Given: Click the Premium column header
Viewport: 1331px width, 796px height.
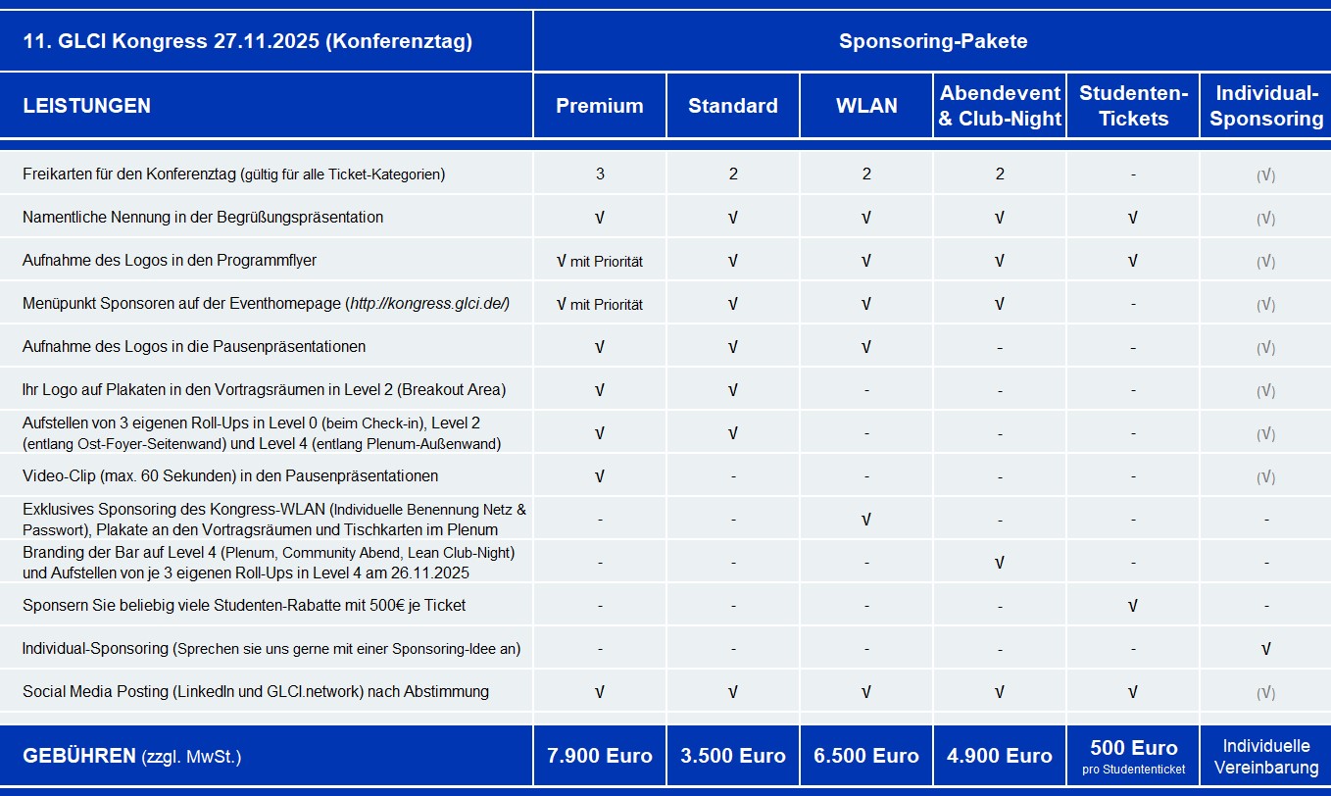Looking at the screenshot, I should click(x=600, y=106).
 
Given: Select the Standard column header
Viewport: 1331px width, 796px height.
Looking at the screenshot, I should click(x=733, y=106).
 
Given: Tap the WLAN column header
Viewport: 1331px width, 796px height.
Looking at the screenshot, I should click(x=866, y=106).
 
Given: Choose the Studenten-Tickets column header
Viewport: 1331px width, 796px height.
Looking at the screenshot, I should click(x=1133, y=106).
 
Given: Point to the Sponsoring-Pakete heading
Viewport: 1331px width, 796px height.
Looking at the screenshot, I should click(x=932, y=41).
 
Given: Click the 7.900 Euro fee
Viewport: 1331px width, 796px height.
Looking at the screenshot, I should click(x=600, y=756).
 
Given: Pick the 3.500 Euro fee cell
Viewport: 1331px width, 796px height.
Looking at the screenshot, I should click(x=733, y=756).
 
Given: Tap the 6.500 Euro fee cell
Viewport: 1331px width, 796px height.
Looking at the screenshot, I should click(x=866, y=756).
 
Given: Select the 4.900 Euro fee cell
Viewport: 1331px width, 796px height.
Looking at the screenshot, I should click(x=1000, y=756).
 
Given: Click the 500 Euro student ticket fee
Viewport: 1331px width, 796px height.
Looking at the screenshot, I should click(x=1133, y=748).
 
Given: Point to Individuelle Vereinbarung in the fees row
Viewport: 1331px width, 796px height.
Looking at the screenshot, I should click(x=1266, y=756).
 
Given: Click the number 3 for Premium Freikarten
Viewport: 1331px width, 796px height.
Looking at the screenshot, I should click(x=600, y=174).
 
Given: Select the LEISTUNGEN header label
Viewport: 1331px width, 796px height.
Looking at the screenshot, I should click(x=86, y=106).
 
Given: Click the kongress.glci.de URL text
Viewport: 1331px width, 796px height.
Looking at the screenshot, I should click(x=427, y=304).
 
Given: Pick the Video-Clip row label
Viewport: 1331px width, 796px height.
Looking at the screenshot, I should click(x=230, y=476).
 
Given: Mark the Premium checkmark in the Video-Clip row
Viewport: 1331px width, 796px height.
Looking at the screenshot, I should click(x=600, y=476).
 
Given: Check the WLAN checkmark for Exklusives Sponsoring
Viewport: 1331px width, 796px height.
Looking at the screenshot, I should click(x=866, y=520).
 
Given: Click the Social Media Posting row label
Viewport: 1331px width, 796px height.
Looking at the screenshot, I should click(x=256, y=692).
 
